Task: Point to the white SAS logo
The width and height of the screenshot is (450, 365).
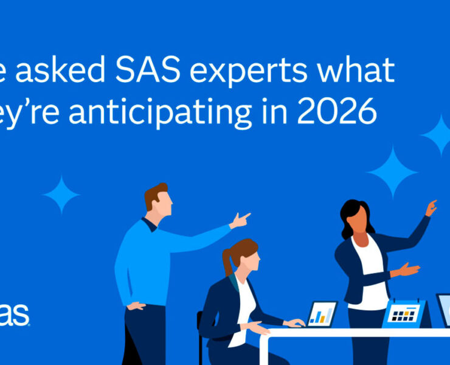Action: point(13,315)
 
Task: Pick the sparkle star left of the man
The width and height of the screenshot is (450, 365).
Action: point(61,195)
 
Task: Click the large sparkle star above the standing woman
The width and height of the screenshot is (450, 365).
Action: point(392,171)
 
